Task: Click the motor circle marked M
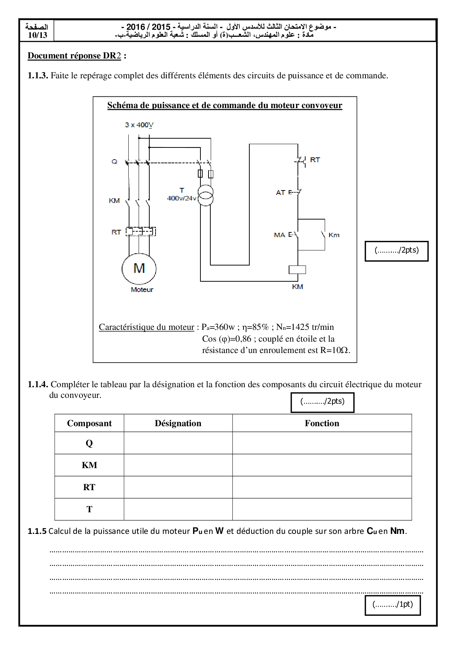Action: (139, 268)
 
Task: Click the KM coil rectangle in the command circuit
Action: (297, 270)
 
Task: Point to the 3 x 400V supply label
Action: (139, 125)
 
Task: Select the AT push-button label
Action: (281, 192)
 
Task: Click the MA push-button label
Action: (279, 235)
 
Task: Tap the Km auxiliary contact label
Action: (334, 235)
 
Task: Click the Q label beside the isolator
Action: (114, 162)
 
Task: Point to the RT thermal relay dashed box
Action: (141, 232)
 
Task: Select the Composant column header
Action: (89, 423)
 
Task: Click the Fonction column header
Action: (322, 423)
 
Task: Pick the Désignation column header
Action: (178, 423)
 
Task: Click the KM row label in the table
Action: (89, 465)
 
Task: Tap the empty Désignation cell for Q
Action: (178, 443)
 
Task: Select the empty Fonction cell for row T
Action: (322, 509)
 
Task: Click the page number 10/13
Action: (38, 35)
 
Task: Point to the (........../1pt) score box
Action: (392, 604)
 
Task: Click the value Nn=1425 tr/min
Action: (305, 327)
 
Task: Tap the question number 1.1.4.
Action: (38, 385)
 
